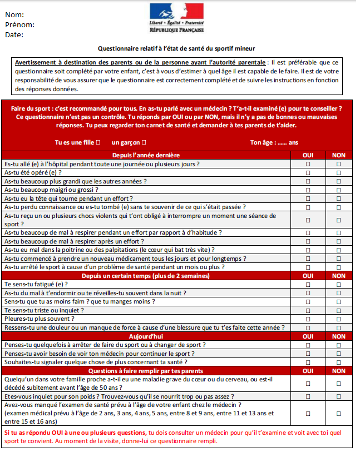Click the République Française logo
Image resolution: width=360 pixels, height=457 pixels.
[176, 18]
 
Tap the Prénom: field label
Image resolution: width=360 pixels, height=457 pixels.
[19, 25]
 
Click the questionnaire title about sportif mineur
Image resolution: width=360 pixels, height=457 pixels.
[176, 48]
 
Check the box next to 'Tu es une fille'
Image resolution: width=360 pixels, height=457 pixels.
[98, 142]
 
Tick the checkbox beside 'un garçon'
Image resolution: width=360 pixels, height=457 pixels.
[144, 142]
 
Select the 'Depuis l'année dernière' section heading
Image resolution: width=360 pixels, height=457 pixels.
[146, 155]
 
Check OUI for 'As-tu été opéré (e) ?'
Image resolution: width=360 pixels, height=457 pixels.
[308, 172]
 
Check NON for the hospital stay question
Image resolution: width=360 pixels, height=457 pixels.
[339, 164]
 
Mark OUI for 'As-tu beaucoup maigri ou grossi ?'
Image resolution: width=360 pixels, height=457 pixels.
[308, 190]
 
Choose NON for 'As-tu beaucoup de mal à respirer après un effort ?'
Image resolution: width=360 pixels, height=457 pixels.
[339, 241]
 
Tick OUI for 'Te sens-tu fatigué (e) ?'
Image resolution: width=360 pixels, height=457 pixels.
[308, 284]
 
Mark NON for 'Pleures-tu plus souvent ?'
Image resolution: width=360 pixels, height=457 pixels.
[339, 319]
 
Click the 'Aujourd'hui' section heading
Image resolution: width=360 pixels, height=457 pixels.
[146, 336]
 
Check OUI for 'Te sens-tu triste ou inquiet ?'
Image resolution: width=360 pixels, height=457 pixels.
[308, 310]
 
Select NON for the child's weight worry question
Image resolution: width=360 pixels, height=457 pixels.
[339, 397]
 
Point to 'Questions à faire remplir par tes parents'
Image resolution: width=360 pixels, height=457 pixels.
[146, 371]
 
